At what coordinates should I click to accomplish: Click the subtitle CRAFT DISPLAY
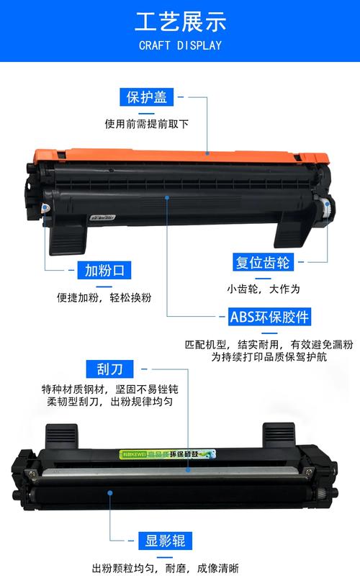tap(180, 45)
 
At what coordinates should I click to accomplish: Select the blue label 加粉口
tap(105, 271)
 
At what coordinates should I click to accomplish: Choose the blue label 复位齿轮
tap(262, 263)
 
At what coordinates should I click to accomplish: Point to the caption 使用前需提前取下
tap(147, 124)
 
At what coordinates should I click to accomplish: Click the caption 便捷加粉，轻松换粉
tap(104, 297)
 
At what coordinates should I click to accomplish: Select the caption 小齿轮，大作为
tap(262, 289)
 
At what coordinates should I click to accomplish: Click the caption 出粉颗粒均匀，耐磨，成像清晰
tap(165, 568)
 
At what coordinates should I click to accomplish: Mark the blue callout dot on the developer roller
tap(110, 493)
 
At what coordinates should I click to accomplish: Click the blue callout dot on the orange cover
tap(208, 153)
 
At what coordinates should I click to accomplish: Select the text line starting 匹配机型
tap(268, 344)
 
